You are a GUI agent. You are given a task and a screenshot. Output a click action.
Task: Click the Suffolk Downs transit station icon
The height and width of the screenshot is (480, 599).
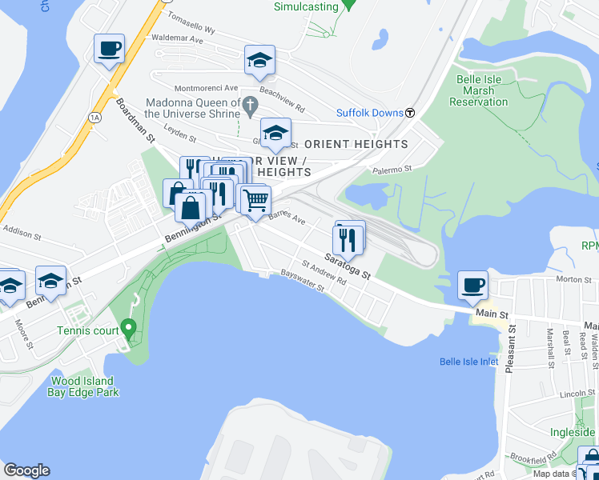tap(409, 113)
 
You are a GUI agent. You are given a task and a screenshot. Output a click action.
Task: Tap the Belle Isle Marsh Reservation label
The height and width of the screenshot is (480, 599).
tap(479, 90)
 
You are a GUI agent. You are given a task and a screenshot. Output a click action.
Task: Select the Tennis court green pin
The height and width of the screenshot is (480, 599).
tap(128, 328)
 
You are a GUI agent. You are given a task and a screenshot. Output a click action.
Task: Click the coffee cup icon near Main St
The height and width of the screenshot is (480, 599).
tap(472, 285)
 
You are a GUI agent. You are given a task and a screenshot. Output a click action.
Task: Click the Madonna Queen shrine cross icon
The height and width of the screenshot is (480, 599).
tap(250, 104)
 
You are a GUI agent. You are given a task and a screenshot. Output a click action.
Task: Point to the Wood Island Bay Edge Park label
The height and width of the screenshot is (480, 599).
tap(84, 386)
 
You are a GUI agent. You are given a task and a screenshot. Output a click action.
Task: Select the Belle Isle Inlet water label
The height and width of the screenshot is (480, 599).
tap(469, 362)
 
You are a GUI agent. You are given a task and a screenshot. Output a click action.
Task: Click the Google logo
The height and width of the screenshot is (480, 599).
tap(26, 470)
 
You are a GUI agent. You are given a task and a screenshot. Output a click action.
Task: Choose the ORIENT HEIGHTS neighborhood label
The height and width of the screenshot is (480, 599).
tap(356, 144)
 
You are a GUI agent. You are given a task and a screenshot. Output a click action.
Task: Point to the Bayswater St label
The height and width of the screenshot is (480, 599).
tap(302, 285)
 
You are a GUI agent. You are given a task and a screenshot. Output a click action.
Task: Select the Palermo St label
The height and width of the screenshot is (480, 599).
tap(392, 170)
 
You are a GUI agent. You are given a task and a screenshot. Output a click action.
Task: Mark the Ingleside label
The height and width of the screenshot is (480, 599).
tap(573, 432)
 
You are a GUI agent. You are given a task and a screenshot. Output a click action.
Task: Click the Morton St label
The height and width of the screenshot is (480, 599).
tap(573, 279)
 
